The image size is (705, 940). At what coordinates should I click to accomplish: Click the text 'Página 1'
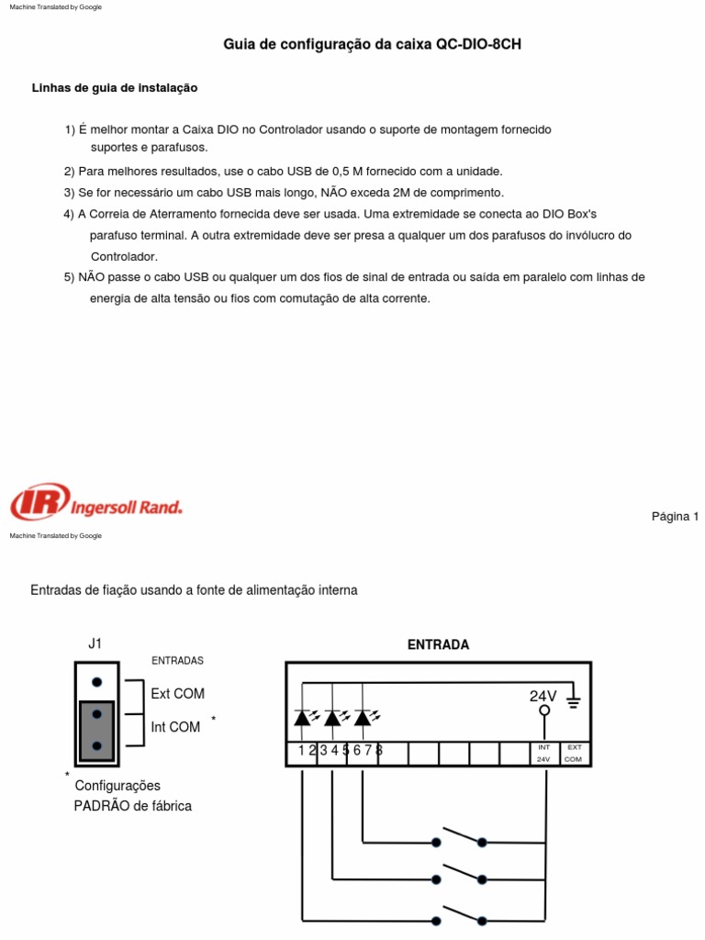pos(675,516)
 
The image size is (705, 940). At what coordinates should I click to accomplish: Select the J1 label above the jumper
pos(95,643)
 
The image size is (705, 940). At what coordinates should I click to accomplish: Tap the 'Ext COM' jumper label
pos(177,693)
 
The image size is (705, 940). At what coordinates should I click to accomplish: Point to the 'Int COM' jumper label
pos(175,727)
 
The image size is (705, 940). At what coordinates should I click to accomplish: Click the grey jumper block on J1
pos(96,730)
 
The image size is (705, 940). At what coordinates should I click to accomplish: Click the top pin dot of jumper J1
pos(96,682)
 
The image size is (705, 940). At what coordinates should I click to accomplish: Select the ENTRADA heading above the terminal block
pos(438,644)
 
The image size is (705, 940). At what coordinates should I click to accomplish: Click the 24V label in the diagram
pos(543,697)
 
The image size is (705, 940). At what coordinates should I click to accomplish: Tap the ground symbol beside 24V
pos(574,702)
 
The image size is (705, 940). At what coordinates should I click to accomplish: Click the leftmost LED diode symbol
pos(303,718)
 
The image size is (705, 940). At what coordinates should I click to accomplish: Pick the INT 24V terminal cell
pos(543,754)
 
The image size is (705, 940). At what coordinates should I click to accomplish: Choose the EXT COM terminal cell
pos(574,754)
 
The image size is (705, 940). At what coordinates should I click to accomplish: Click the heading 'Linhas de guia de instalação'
pos(115,88)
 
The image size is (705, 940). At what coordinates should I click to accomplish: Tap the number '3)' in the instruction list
pos(69,192)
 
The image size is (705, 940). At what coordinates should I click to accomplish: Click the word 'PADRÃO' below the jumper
pos(99,806)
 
